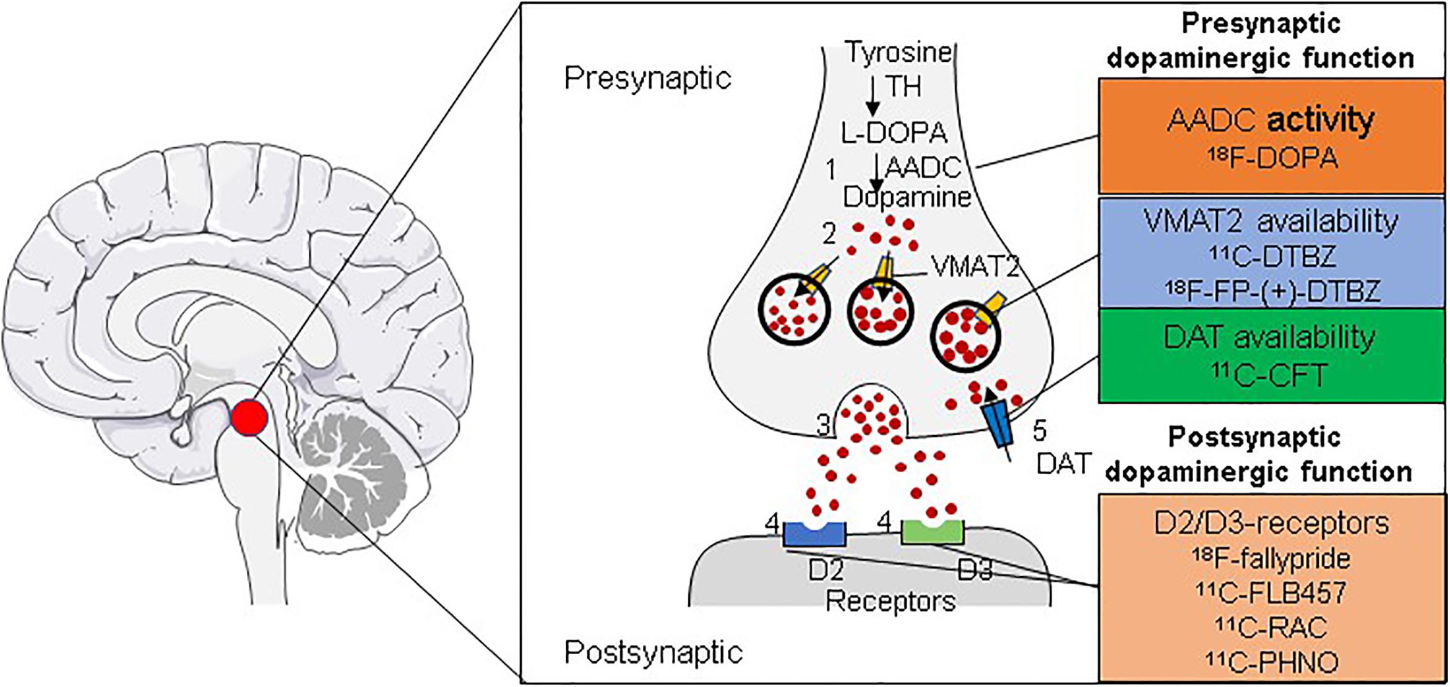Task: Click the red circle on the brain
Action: pyautogui.click(x=249, y=417)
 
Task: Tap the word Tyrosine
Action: pyautogui.click(x=899, y=52)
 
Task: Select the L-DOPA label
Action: pyautogui.click(x=894, y=132)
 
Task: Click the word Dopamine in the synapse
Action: pyautogui.click(x=907, y=197)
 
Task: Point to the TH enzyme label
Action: pyautogui.click(x=904, y=87)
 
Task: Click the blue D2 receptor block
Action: pyautogui.click(x=814, y=534)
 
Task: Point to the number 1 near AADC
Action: pyautogui.click(x=831, y=170)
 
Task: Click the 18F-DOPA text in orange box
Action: pyautogui.click(x=1272, y=158)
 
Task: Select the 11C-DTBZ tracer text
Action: pyautogui.click(x=1272, y=256)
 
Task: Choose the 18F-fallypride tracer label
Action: pyautogui.click(x=1271, y=559)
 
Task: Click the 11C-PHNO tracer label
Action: pyautogui.click(x=1272, y=662)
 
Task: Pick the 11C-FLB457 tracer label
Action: pyautogui.click(x=1271, y=592)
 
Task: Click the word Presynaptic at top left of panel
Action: pyautogui.click(x=647, y=79)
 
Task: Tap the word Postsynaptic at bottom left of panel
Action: pyautogui.click(x=654, y=652)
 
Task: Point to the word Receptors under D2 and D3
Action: pyautogui.click(x=891, y=600)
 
